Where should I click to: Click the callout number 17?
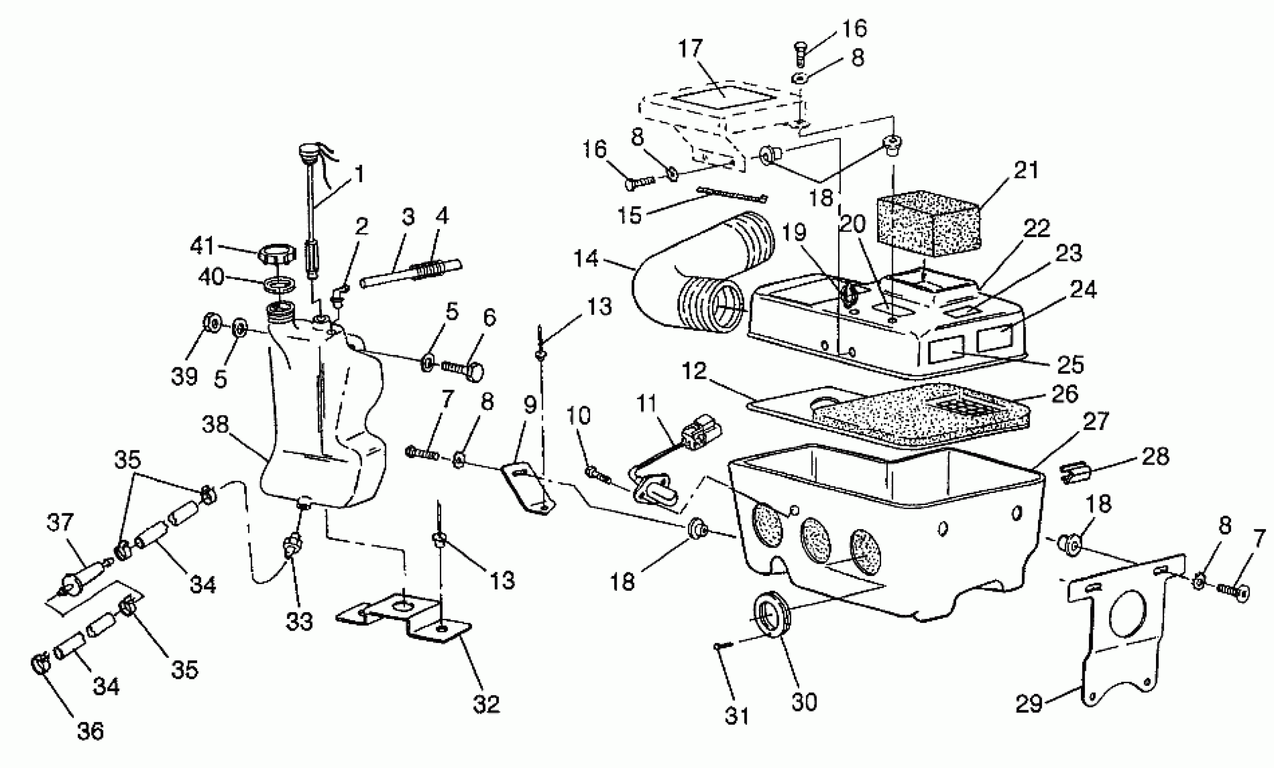(x=690, y=49)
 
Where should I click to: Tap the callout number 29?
(x=1029, y=704)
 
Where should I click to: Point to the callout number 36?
(x=90, y=731)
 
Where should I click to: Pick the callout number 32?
(x=486, y=704)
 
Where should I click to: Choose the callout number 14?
(x=586, y=258)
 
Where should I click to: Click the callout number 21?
(x=1026, y=170)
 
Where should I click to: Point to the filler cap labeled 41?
(x=277, y=254)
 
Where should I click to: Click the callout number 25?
(x=1070, y=365)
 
